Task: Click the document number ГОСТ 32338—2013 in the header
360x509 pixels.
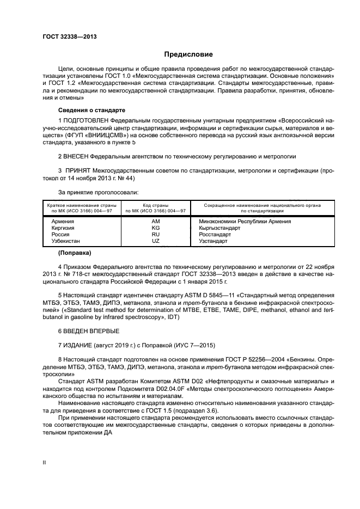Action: pos(66,37)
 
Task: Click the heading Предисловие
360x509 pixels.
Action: pos(188,54)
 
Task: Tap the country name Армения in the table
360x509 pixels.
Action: pos(63,222)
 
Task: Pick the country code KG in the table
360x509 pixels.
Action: pos(156,228)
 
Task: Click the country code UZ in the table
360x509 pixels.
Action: pos(156,241)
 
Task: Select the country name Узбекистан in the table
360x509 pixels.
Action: pos(65,241)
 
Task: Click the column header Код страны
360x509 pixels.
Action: pos(156,205)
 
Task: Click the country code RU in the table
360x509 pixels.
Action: pos(156,234)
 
